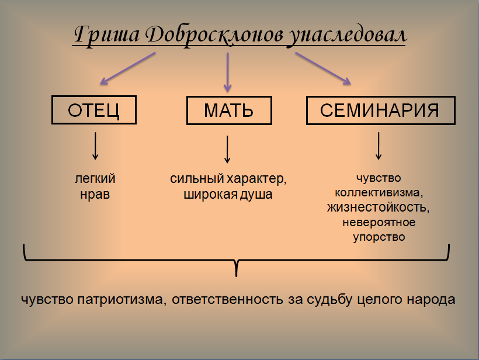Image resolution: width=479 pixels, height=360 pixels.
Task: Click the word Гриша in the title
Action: pyautogui.click(x=107, y=34)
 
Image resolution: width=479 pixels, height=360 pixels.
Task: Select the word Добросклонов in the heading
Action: pyautogui.click(x=214, y=34)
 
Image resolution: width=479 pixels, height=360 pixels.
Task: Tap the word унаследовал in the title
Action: pyautogui.click(x=348, y=36)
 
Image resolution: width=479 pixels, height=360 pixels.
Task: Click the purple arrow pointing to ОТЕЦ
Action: pyautogui.click(x=128, y=68)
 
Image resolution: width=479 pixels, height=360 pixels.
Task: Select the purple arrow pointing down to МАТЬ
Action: pyautogui.click(x=227, y=72)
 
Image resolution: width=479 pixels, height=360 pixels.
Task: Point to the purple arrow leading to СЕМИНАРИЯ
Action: pyautogui.click(x=323, y=68)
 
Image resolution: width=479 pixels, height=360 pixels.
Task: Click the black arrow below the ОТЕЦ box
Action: pyautogui.click(x=95, y=146)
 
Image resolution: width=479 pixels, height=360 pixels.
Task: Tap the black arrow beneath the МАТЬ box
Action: pyautogui.click(x=227, y=150)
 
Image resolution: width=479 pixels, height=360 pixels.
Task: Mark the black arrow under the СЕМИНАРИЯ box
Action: pyautogui.click(x=379, y=146)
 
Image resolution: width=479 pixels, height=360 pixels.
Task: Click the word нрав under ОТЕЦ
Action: pyautogui.click(x=95, y=195)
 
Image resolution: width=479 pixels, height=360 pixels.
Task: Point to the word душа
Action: pyautogui.click(x=256, y=195)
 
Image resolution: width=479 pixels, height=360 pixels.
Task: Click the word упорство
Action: pyautogui.click(x=379, y=237)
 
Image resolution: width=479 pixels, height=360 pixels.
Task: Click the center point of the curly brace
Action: pyautogui.click(x=237, y=261)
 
